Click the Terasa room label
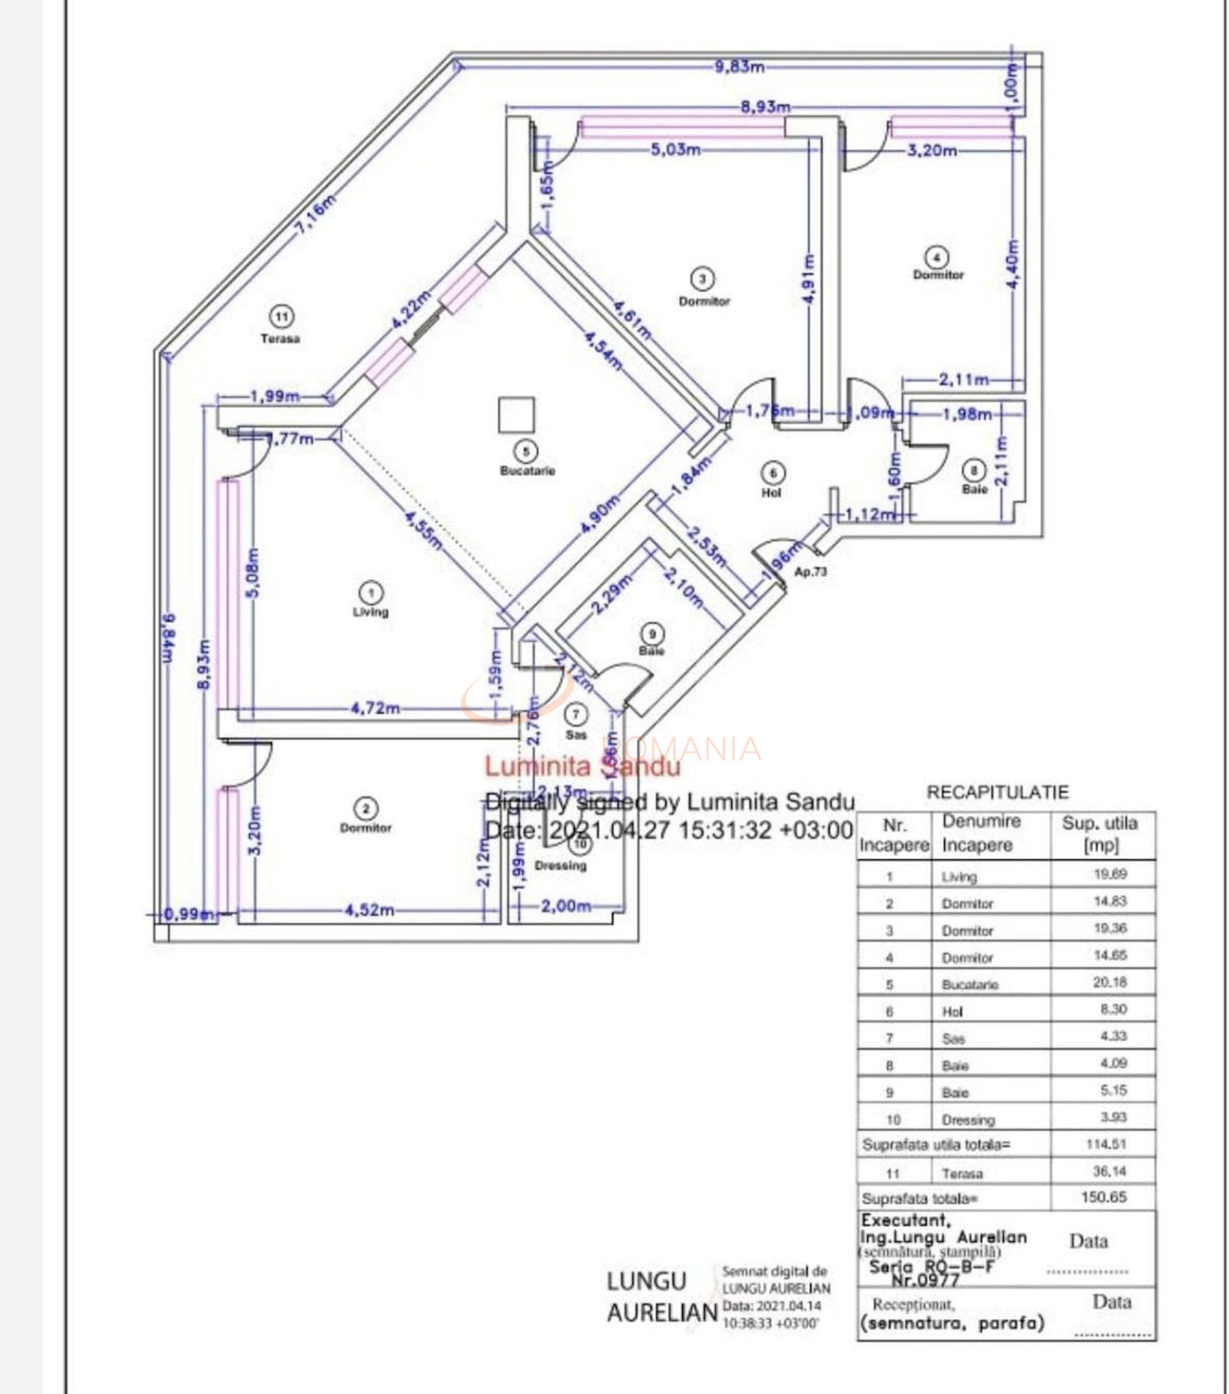pyautogui.click(x=280, y=338)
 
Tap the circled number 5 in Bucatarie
pyautogui.click(x=525, y=451)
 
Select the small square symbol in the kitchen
pyautogui.click(x=515, y=415)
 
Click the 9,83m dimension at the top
pyautogui.click(x=739, y=67)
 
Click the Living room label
pyautogui.click(x=370, y=612)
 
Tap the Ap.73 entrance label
pyautogui.click(x=810, y=572)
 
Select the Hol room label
pyautogui.click(x=771, y=493)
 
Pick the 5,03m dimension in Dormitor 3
pyautogui.click(x=675, y=150)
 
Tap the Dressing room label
pyautogui.click(x=560, y=865)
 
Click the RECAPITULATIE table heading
pyautogui.click(x=997, y=792)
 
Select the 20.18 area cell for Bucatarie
pyautogui.click(x=1109, y=982)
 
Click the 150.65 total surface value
pyautogui.click(x=1103, y=1197)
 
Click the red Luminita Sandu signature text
pyautogui.click(x=581, y=766)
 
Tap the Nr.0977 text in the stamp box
pyautogui.click(x=925, y=1280)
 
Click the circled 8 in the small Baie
pyautogui.click(x=973, y=470)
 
